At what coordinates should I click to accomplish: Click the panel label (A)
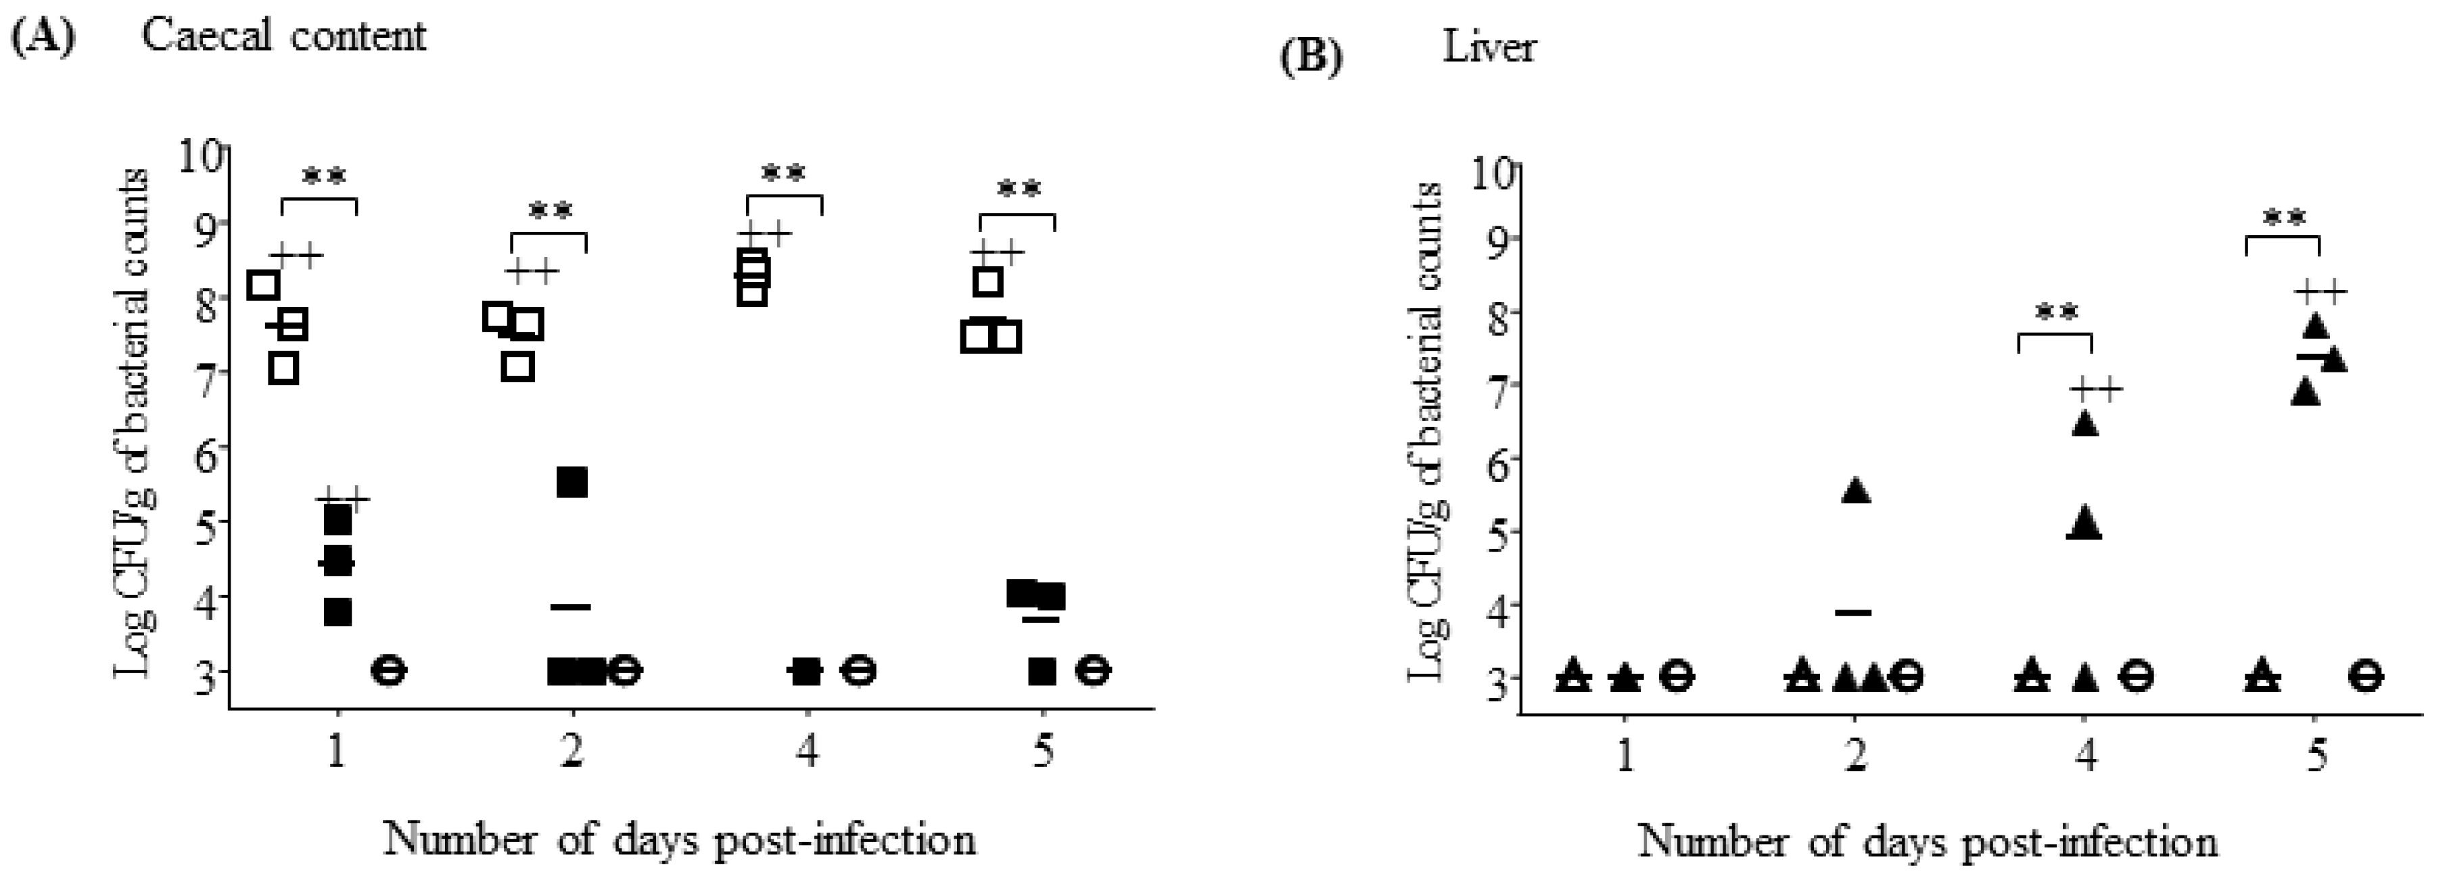click(42, 37)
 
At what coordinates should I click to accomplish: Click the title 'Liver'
click(1488, 47)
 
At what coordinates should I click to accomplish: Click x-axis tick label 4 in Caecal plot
click(806, 753)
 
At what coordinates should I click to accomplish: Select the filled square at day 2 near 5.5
click(572, 482)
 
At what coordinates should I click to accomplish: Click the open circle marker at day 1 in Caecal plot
click(388, 670)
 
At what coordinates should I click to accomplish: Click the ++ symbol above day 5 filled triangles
click(2320, 292)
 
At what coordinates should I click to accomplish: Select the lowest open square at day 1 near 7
click(283, 368)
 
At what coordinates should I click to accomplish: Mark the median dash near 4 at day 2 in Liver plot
click(1853, 612)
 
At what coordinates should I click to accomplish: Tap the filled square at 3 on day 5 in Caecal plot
click(1042, 671)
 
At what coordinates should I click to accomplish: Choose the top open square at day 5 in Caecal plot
click(989, 281)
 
